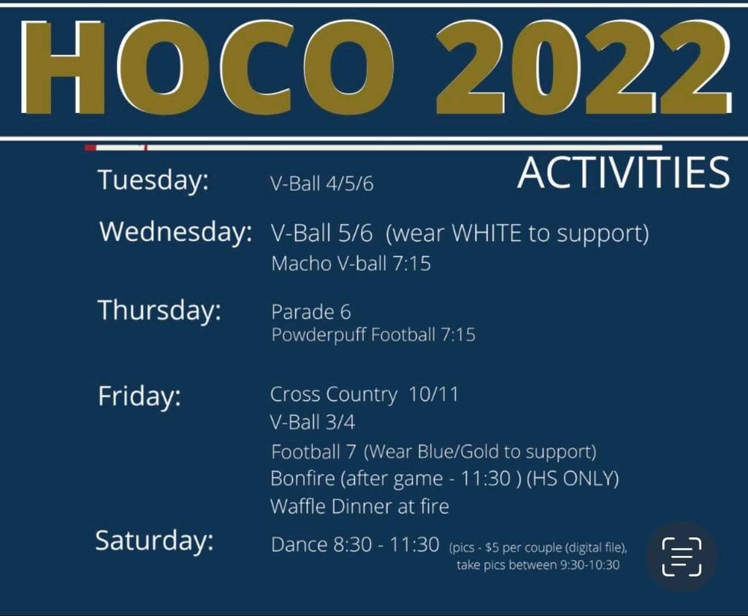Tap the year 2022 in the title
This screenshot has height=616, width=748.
pos(583,68)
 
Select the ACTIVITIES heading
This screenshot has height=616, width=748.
pos(624,172)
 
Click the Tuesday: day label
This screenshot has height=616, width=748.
pos(153,181)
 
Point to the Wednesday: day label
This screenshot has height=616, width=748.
pos(175,233)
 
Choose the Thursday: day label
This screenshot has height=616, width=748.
pos(160,311)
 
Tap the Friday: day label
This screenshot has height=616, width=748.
pos(140,397)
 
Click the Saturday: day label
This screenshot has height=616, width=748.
pos(155,541)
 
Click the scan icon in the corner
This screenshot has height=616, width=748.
pos(682,556)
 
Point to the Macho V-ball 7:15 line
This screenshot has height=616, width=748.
pos(351,263)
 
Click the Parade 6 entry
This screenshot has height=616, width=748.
pos(311,312)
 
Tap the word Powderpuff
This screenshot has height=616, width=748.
pos(318,335)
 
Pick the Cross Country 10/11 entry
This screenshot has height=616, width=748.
pos(364,395)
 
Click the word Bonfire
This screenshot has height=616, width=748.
pos(302,478)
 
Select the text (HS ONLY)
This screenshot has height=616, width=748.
pos(573,479)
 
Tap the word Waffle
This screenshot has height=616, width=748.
pos(297,506)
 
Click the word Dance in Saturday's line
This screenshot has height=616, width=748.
pos(299,544)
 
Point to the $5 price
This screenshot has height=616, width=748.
pos(492,548)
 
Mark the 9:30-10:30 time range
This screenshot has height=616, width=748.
pos(589,566)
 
